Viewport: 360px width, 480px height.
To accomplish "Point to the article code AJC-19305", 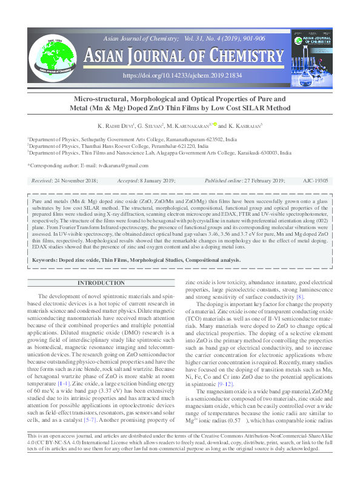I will (316, 181).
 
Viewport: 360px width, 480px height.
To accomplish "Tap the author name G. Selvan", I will (147, 125).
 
